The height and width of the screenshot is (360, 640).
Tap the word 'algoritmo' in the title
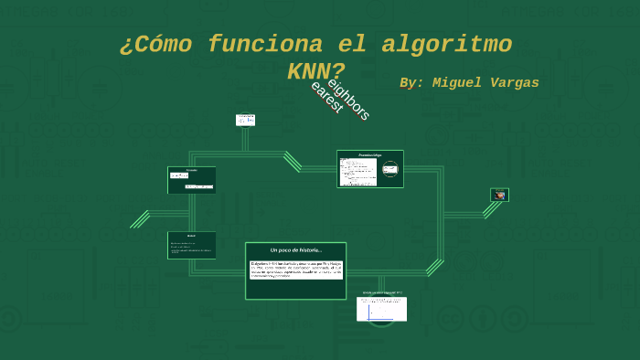(x=446, y=44)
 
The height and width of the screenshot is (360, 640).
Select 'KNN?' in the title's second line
(x=315, y=71)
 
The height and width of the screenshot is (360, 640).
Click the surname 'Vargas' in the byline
(x=517, y=83)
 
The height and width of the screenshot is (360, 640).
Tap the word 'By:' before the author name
(x=411, y=83)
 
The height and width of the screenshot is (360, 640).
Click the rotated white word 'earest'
(x=326, y=97)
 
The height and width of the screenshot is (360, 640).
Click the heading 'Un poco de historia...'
(x=295, y=249)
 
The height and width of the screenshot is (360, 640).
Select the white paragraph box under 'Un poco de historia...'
(x=295, y=270)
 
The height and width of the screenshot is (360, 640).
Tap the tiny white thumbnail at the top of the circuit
(x=245, y=120)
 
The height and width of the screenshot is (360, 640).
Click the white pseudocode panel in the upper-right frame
(x=358, y=172)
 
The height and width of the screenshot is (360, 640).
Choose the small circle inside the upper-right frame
(x=390, y=169)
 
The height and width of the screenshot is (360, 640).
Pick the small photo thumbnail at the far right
(x=499, y=195)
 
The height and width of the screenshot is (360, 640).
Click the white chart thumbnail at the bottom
(x=381, y=308)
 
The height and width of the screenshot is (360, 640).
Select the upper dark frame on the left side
(x=192, y=180)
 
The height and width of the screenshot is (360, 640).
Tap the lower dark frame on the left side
(x=192, y=245)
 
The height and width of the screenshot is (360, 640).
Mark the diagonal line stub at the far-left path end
(x=140, y=219)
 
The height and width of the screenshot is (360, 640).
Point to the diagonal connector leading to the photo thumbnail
(x=491, y=209)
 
